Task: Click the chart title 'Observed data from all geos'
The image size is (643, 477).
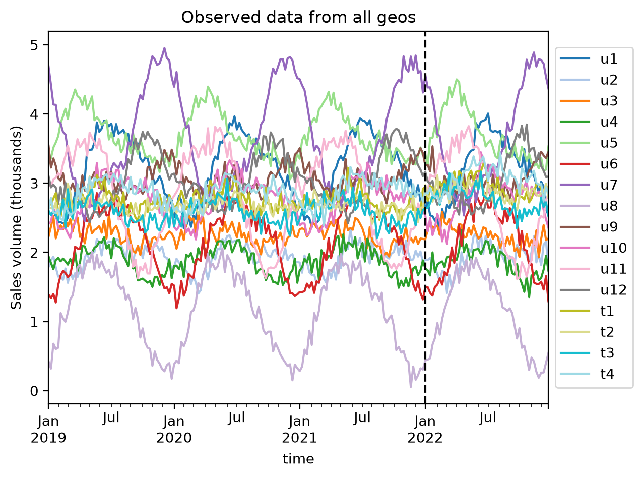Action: [298, 17]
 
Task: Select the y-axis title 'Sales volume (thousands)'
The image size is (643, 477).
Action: [16, 218]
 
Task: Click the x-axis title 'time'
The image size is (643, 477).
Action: [298, 459]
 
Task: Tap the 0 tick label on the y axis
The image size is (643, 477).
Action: [34, 391]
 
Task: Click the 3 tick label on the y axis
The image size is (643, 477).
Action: [34, 184]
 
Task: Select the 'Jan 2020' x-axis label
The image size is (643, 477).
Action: [174, 430]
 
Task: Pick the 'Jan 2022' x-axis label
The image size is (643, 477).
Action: [425, 430]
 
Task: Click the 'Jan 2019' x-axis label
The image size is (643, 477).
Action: [48, 430]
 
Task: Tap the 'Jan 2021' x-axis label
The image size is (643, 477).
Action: [299, 430]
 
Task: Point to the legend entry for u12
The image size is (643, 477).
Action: [593, 290]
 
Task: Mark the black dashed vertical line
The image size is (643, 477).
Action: [425, 217]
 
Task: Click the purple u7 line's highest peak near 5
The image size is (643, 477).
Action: [165, 48]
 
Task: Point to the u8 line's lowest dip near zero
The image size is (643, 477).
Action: [411, 386]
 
